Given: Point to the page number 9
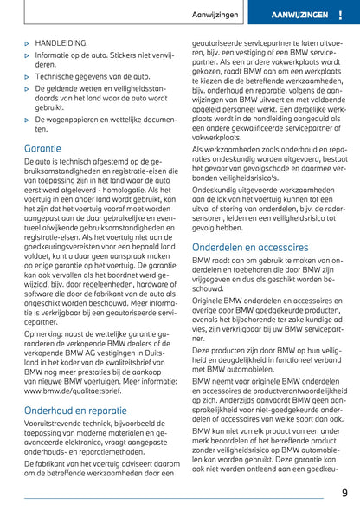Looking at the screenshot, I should pos(344,495).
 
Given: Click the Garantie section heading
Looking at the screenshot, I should pos(43,148).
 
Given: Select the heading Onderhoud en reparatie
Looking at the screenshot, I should pos(77,410).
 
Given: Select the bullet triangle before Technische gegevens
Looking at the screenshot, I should pos(28,76).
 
